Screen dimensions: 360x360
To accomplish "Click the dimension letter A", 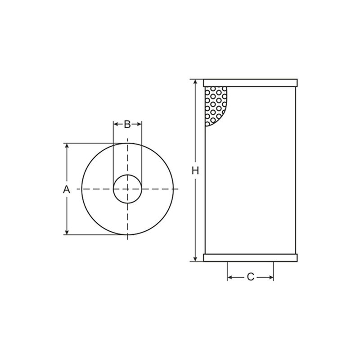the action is click(x=66, y=189).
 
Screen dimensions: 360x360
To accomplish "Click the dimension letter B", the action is click(x=127, y=124).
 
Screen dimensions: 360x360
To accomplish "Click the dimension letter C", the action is click(x=250, y=277).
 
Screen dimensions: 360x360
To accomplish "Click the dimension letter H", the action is click(x=195, y=171).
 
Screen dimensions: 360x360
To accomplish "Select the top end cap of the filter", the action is click(x=250, y=83).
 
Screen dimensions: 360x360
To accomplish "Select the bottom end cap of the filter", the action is click(x=250, y=258).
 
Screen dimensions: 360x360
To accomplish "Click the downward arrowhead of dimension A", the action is click(x=67, y=232).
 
